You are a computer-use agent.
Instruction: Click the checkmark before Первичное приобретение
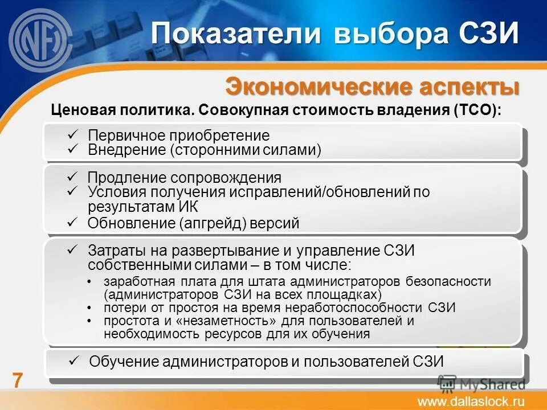click(72, 135)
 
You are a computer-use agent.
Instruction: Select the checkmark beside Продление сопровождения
click(72, 177)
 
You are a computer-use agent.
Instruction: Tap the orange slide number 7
click(18, 380)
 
